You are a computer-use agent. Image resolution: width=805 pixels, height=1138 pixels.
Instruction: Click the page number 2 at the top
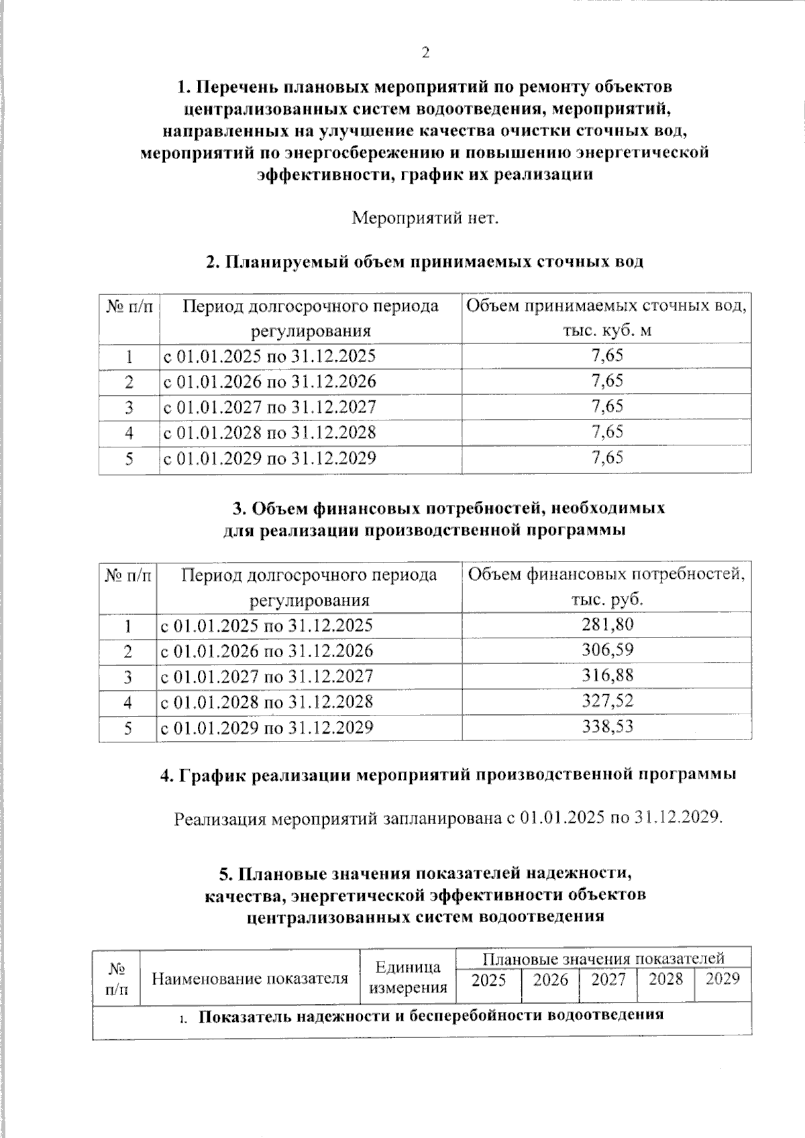[425, 54]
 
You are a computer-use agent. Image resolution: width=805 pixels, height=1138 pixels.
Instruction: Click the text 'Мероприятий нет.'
[425, 219]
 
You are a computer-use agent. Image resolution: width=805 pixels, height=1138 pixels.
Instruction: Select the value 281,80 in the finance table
[607, 625]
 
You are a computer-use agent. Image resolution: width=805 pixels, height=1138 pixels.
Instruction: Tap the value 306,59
[607, 650]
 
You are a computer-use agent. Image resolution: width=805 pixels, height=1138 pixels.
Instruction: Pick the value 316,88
[607, 676]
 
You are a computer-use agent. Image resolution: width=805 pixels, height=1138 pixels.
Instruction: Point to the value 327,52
[607, 701]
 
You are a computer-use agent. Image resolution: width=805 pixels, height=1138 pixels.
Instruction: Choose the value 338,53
[607, 727]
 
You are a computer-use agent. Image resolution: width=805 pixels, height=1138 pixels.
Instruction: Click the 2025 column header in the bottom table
[488, 980]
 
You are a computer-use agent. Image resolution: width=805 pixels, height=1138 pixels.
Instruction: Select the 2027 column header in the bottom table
[608, 980]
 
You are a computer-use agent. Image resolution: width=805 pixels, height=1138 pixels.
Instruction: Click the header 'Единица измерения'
[408, 977]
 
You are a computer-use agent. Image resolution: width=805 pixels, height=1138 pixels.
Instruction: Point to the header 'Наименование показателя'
[250, 978]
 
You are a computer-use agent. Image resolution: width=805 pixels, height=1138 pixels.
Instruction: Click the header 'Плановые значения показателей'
[603, 958]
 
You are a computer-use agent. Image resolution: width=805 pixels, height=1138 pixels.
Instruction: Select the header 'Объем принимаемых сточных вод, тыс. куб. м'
[606, 319]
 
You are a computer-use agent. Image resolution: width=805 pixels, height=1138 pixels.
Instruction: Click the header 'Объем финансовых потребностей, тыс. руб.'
[606, 587]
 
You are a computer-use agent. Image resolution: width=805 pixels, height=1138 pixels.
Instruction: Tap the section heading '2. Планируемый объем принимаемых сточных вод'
[425, 262]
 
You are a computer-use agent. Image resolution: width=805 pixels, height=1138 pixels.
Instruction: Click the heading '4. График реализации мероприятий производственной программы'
[448, 775]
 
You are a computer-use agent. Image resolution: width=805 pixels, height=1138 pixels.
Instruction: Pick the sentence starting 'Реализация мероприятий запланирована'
[448, 819]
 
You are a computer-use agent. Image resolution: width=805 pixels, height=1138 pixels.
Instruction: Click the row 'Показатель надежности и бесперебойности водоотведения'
[431, 1015]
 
